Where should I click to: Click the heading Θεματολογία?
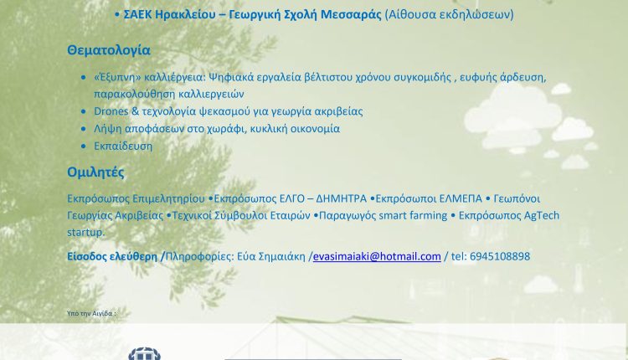(109, 50)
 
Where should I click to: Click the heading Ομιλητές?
(95, 172)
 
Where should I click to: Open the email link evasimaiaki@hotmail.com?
(377, 256)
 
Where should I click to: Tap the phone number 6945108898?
(499, 256)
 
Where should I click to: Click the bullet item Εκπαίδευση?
(123, 147)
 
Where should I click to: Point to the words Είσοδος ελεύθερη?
(112, 256)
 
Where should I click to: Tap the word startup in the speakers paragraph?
(85, 232)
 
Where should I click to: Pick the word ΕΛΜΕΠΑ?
(461, 198)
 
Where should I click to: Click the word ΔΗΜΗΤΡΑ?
(342, 198)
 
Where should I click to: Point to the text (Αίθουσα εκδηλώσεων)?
(449, 14)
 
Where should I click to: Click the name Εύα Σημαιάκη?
(271, 256)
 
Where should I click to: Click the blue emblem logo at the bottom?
(145, 353)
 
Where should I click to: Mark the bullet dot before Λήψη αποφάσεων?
(83, 129)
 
